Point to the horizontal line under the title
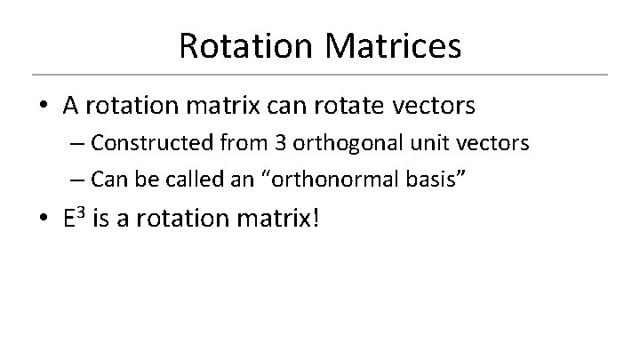[320, 74]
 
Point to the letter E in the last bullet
[68, 219]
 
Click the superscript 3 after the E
[82, 212]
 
